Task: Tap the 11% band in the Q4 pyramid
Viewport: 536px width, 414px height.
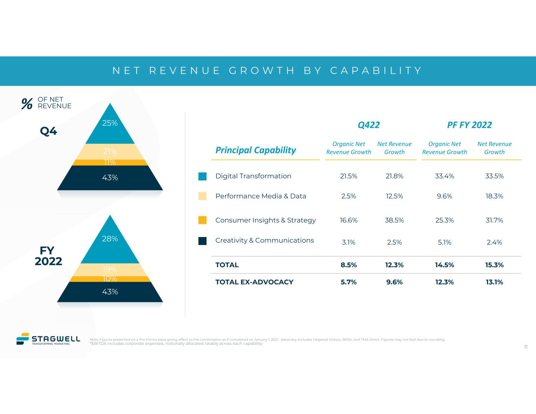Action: pos(110,162)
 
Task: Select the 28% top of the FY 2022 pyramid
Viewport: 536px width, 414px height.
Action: pos(110,241)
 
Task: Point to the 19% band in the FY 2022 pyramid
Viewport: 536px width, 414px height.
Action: pos(110,270)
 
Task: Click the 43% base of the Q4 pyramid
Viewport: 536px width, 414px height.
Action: pos(110,178)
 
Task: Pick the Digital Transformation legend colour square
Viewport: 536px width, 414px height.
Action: pos(202,176)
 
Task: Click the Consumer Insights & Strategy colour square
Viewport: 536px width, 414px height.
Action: pos(202,220)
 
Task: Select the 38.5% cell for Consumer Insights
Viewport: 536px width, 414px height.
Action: pos(394,220)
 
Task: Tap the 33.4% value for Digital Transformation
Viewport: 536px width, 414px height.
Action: pos(445,176)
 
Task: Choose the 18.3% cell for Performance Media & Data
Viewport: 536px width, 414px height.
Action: pos(494,196)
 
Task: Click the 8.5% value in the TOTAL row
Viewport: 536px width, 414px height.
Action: pos(349,265)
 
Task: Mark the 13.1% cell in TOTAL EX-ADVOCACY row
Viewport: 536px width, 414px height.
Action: pos(494,282)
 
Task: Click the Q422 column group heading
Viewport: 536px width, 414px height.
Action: pos(369,125)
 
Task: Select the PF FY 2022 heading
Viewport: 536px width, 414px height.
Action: pos(469,125)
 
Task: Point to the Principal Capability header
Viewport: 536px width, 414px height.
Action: pos(256,150)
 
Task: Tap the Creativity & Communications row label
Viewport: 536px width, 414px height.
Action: pos(265,240)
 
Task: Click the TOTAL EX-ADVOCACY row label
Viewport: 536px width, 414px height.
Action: pos(254,282)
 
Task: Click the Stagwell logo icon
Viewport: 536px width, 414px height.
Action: pos(23,339)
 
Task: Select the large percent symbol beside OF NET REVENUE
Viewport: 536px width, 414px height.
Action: pos(27,104)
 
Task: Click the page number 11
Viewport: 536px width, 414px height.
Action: pos(525,347)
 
